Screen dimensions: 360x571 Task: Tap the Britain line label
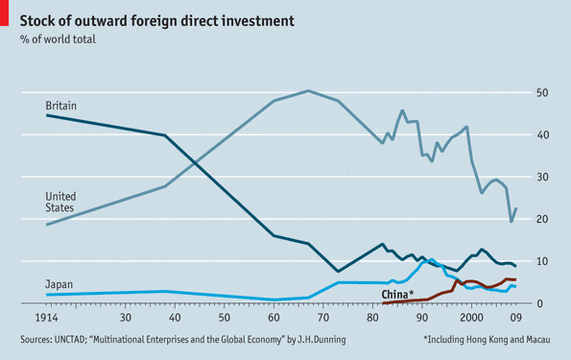tap(60, 105)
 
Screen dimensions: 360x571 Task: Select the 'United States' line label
tap(60, 202)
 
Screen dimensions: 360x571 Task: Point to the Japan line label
tap(59, 284)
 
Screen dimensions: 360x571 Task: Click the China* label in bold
tap(397, 294)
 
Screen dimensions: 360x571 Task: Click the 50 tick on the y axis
tap(542, 93)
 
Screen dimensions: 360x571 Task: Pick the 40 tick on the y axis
tap(542, 135)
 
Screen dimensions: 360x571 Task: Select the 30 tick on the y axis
tap(542, 178)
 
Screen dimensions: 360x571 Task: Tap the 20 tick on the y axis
tap(542, 220)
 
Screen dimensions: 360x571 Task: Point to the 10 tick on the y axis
tap(542, 262)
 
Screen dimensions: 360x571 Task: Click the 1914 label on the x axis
tap(46, 318)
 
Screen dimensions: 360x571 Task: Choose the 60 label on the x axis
tap(274, 318)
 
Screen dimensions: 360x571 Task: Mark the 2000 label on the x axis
tap(471, 318)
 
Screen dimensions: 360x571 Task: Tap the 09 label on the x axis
tap(515, 318)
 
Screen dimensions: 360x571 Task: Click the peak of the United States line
tap(308, 91)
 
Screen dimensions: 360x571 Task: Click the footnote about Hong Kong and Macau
tap(489, 340)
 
